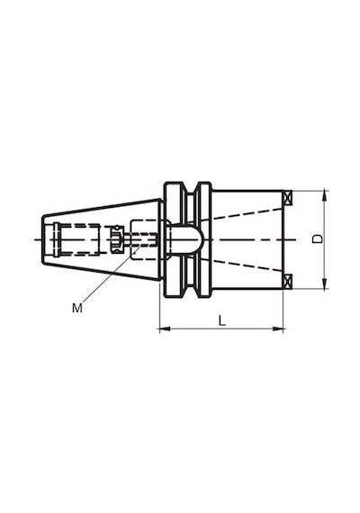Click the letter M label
point(77,308)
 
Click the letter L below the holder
point(222,320)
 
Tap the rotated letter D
point(317,238)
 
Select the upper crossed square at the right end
point(287,197)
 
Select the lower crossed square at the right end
point(287,282)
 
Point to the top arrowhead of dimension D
point(324,195)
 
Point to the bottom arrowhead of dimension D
point(324,284)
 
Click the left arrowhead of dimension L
point(165,328)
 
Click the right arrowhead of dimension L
point(277,328)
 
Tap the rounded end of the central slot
point(199,239)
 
